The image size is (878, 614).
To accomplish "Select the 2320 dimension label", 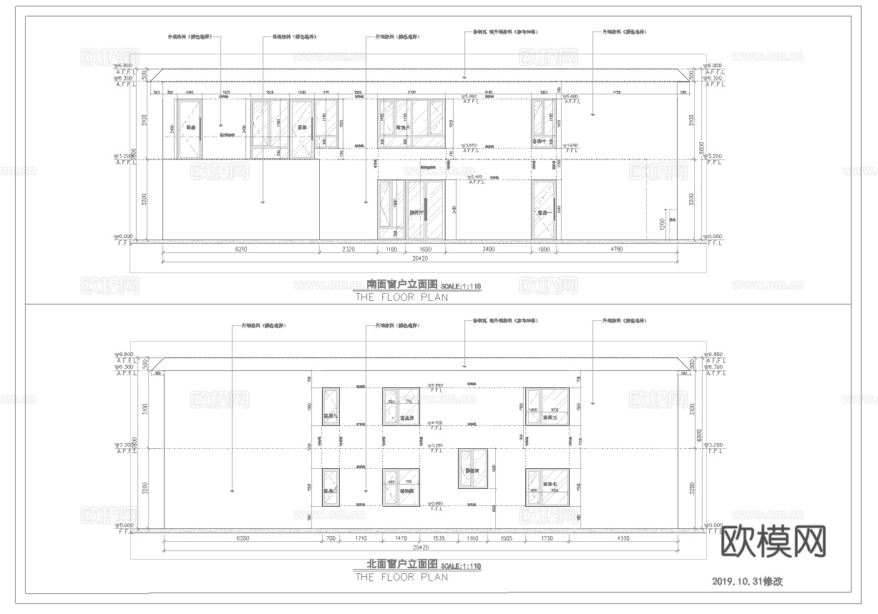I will pyautogui.click(x=347, y=250).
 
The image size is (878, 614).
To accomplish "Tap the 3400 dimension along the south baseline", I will pyautogui.click(x=488, y=250).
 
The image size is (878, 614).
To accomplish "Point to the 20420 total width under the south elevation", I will pyautogui.click(x=419, y=259).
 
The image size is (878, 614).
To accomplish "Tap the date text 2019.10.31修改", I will pyautogui.click(x=747, y=581).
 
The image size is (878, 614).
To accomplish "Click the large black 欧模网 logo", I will pyautogui.click(x=772, y=541).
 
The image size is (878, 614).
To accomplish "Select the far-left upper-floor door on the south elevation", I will pyautogui.click(x=189, y=129).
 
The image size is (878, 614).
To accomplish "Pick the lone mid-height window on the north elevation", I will pyautogui.click(x=472, y=469).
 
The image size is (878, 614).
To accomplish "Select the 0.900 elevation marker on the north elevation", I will pyautogui.click(x=436, y=505).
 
